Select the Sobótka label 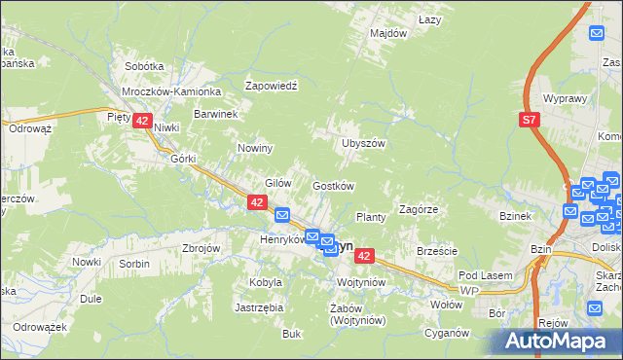pos(144,66)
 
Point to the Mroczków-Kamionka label pos(171,90)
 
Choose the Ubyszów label pos(364,143)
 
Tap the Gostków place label pos(332,186)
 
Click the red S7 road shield pos(528,120)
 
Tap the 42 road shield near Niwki pos(142,121)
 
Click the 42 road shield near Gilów pos(257,202)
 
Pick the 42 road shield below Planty pos(364,256)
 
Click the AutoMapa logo pos(560,341)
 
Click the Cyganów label pos(447,333)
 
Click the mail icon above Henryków pos(282,215)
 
